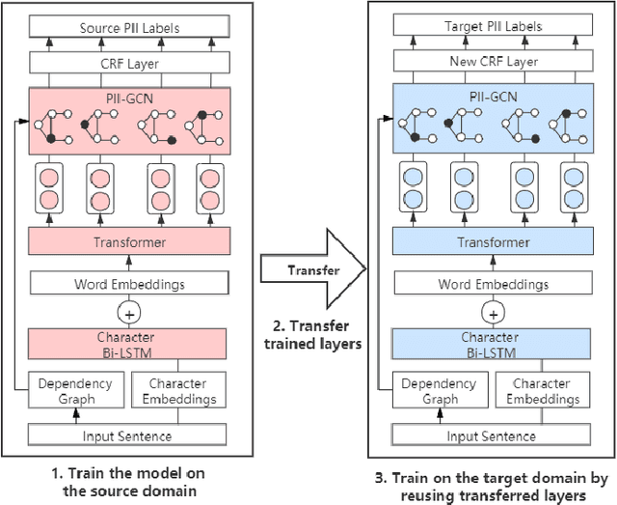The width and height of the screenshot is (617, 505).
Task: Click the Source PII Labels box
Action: point(128,29)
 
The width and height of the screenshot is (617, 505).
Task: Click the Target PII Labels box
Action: point(492,29)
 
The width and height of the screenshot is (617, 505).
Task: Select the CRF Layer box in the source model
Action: point(128,63)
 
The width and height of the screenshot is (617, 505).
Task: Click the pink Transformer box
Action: point(128,242)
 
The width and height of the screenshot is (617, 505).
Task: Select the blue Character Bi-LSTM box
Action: point(492,344)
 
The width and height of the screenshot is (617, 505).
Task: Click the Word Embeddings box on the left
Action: point(128,284)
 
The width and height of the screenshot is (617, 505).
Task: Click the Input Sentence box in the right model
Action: point(492,436)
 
